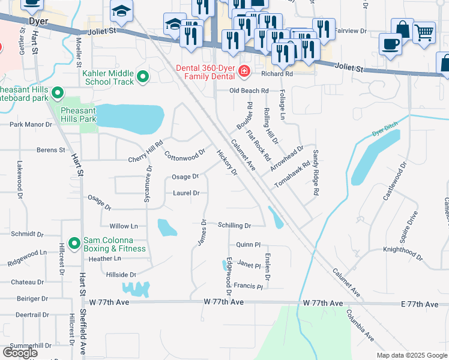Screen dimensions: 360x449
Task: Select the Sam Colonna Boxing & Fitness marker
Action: (x=74, y=243)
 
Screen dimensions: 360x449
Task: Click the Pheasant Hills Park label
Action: (x=79, y=115)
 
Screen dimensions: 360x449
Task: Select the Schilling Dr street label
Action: (x=234, y=225)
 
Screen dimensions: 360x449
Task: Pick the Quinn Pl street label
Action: (x=248, y=244)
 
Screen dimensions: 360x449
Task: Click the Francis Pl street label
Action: (x=249, y=286)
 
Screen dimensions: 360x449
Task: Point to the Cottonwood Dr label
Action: (x=185, y=155)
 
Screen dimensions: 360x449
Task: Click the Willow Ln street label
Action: (x=124, y=226)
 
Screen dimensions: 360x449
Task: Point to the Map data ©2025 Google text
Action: (x=411, y=355)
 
